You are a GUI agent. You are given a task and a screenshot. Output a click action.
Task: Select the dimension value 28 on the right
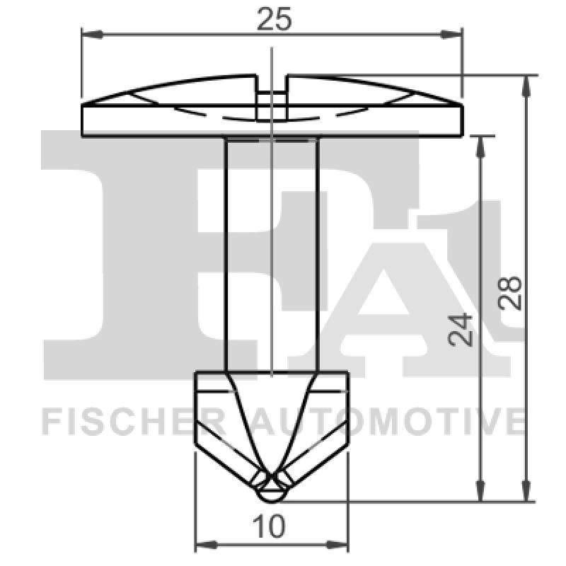(x=511, y=291)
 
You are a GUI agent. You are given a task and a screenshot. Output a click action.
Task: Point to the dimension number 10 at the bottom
(x=272, y=526)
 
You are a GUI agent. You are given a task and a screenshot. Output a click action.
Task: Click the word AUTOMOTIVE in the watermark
(x=386, y=421)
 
